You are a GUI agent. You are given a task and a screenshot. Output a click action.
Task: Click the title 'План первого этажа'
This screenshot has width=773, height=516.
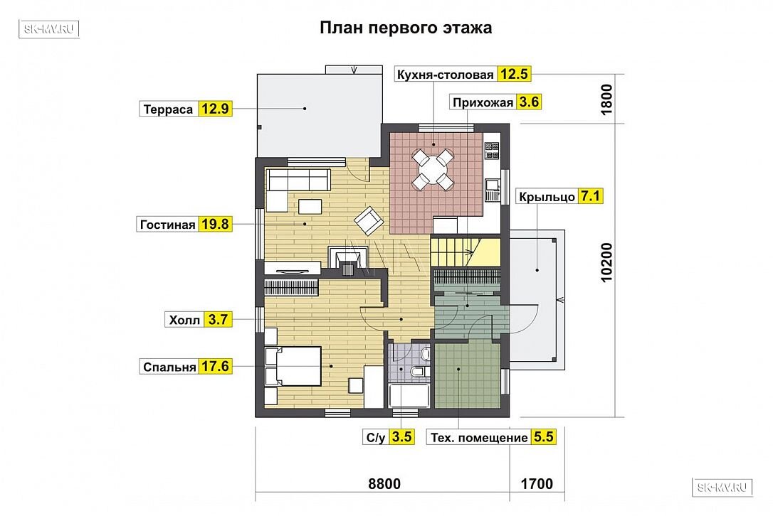point(406,28)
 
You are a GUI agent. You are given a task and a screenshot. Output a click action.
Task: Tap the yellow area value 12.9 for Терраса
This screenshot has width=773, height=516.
point(215,108)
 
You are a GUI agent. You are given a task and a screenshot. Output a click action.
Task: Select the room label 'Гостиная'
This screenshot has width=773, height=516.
point(167,225)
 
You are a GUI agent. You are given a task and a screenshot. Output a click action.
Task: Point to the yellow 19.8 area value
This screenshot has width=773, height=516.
point(215,224)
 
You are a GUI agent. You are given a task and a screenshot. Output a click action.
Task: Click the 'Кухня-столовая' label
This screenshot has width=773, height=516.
point(445,75)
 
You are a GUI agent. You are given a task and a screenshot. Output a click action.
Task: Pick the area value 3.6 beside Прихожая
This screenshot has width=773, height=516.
point(528,102)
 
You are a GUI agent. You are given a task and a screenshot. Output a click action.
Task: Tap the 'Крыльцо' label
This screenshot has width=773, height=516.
point(547,197)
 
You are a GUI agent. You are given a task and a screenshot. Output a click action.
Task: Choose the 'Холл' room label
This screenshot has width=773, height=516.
point(184,321)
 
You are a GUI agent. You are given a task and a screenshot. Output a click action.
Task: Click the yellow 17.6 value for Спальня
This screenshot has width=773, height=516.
point(216,366)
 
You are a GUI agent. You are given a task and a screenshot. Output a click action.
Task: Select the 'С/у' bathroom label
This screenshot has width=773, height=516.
point(376,438)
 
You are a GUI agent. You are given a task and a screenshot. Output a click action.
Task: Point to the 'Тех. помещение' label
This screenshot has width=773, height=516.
point(479,438)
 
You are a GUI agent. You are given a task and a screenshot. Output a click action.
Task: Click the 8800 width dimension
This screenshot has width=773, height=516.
point(384,483)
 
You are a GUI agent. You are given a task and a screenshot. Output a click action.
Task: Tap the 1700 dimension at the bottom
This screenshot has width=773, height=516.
point(537,483)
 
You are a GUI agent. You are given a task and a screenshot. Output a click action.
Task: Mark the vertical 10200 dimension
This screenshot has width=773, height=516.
point(606,262)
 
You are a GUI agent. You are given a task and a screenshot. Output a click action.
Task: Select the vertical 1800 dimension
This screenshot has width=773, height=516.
point(606,100)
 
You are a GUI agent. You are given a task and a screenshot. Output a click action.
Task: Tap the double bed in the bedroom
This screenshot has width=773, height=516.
point(293,366)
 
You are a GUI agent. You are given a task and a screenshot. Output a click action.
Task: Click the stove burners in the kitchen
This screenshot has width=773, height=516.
point(492,151)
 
